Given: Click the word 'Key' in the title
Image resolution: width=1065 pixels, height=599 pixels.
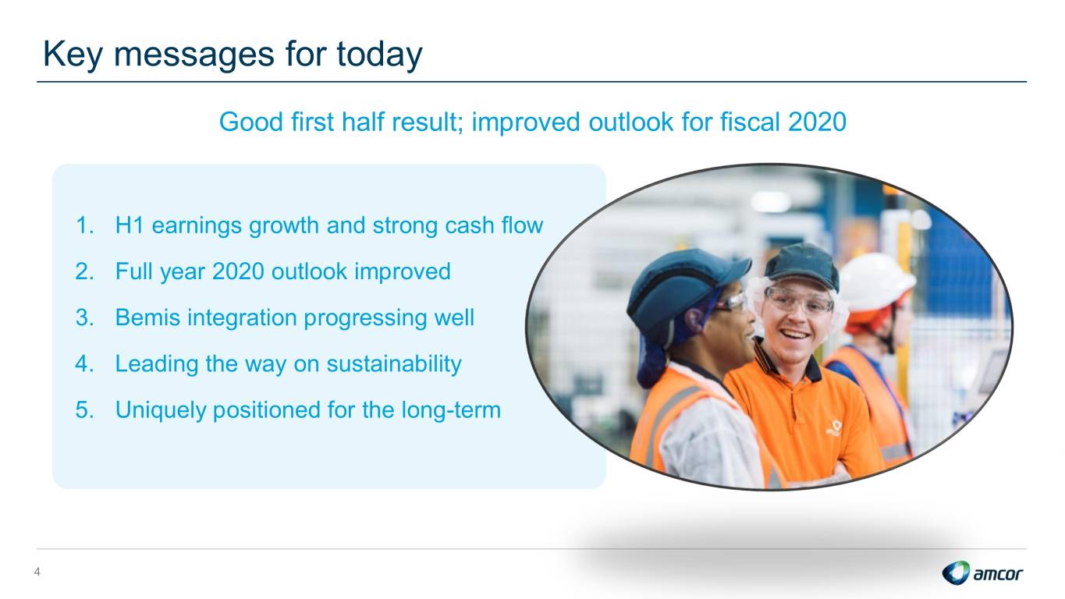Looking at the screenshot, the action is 73,54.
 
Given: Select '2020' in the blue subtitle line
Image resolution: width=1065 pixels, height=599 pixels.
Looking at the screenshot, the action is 817,122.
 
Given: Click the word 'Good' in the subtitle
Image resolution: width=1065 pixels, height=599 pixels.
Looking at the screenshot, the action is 251,122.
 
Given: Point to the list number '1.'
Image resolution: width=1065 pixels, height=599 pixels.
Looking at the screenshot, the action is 85,225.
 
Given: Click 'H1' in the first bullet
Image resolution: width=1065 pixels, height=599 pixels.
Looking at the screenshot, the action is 130,225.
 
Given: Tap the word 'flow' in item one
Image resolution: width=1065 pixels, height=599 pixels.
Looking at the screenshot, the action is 522,225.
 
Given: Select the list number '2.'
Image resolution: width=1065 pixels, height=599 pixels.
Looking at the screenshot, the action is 84,271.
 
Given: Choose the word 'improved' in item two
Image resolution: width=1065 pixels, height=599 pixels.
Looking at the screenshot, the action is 403,271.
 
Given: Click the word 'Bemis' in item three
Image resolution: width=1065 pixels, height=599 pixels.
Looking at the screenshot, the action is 147,317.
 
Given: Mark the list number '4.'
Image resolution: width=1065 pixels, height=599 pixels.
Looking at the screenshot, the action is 84,363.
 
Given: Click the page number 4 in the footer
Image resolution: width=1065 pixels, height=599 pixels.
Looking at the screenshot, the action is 37,572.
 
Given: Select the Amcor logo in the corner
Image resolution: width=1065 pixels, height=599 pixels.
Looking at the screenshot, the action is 982,572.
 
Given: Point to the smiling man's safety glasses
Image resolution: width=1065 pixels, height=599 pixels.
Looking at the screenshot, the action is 799,302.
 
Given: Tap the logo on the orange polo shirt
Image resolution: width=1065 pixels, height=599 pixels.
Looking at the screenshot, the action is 834,427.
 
